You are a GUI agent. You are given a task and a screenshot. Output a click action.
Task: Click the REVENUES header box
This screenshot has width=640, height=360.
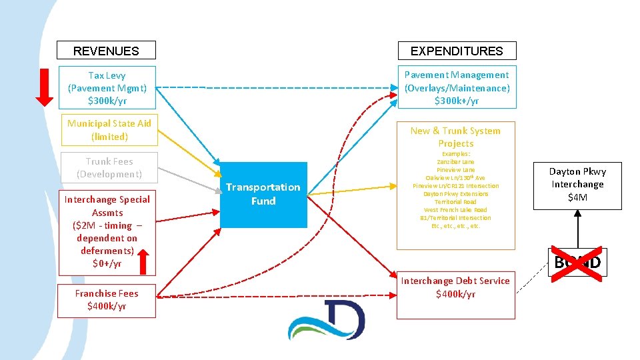(x=106, y=51)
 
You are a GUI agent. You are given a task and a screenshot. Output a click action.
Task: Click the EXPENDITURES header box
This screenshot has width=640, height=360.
(x=457, y=51)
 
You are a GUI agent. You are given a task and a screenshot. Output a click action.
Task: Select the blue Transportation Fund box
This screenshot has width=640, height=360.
(x=263, y=194)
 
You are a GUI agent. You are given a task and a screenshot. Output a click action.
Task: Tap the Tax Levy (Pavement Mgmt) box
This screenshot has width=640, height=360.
(x=107, y=88)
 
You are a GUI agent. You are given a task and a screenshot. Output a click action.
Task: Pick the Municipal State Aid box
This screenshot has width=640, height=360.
(x=107, y=130)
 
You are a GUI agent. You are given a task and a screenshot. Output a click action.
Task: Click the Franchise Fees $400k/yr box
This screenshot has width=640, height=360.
(x=107, y=300)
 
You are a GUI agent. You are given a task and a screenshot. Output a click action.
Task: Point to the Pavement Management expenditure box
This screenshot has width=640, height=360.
(x=457, y=88)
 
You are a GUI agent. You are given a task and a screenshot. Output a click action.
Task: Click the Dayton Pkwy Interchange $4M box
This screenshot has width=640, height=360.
(x=577, y=185)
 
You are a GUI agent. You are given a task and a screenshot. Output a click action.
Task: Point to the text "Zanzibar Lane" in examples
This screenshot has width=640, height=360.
(x=457, y=162)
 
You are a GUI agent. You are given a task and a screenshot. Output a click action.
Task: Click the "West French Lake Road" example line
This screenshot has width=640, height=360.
(x=457, y=210)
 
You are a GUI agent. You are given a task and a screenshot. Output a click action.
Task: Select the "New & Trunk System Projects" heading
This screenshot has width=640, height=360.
(x=457, y=137)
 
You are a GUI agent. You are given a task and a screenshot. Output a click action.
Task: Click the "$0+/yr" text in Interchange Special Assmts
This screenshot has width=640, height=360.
(x=107, y=263)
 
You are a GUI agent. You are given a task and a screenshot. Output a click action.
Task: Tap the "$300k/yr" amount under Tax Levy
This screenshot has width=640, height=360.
(x=107, y=101)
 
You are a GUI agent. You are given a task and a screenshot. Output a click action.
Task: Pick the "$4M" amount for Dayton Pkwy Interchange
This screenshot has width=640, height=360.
(x=577, y=197)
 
